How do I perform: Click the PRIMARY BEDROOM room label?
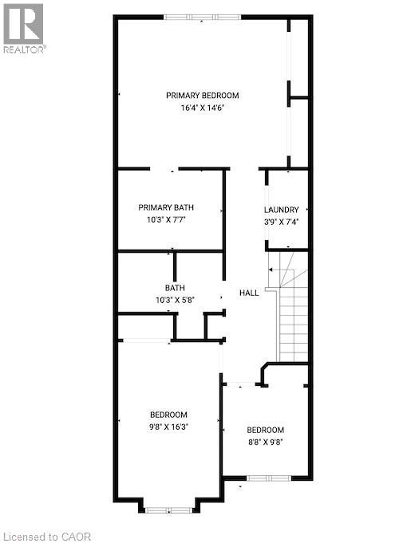pyautogui.click(x=202, y=96)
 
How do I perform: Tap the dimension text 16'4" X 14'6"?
pyautogui.click(x=202, y=108)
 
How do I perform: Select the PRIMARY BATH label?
pyautogui.click(x=166, y=207)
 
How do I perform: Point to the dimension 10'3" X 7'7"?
pyautogui.click(x=166, y=220)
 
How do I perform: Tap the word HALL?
pyautogui.click(x=249, y=293)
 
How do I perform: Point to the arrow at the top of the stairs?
pyautogui.click(x=271, y=270)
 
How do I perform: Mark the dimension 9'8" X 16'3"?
pyautogui.click(x=168, y=427)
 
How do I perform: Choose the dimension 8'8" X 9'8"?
pyautogui.click(x=264, y=440)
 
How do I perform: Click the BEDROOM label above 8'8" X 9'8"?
pyautogui.click(x=264, y=427)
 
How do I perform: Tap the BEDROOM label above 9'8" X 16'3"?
pyautogui.click(x=168, y=414)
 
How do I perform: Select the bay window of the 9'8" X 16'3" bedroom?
pyautogui.click(x=168, y=508)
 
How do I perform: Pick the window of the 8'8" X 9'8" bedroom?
pyautogui.click(x=269, y=478)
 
